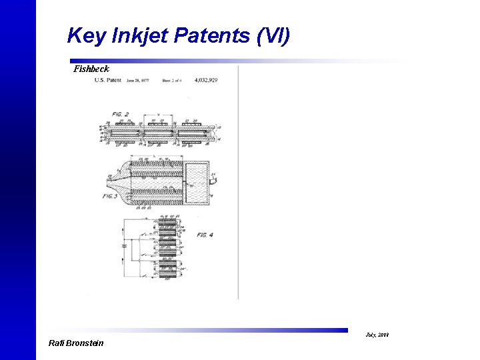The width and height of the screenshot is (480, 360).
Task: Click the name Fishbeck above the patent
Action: point(91,69)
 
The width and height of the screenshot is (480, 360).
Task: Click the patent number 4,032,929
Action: point(206,80)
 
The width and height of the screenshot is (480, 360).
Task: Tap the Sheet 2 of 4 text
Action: point(173,80)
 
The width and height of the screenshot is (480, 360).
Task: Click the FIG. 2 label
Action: point(121,115)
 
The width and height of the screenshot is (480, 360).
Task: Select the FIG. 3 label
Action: point(110,196)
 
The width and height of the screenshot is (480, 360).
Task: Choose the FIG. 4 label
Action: point(205,235)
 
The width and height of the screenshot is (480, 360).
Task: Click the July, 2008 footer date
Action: point(377,334)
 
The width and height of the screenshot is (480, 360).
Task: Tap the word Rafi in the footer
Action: point(59,343)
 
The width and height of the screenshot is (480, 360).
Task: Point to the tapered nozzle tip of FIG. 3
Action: point(109,179)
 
